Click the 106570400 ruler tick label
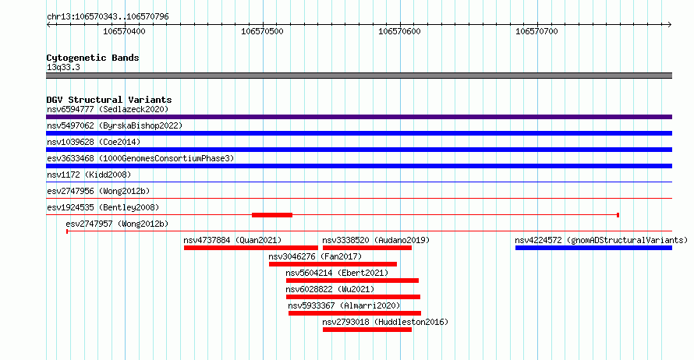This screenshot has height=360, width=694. pos(124,31)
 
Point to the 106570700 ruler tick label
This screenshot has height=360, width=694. pos(536,31)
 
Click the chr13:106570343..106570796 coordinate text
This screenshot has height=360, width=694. pos(108,17)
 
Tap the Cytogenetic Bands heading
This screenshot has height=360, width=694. pos(93,58)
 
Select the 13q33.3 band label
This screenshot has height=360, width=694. pos(63,67)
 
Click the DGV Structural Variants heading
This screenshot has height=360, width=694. pos(109,100)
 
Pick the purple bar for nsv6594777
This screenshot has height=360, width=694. pos(359,117)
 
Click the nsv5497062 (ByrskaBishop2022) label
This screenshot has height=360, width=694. pos(115,125)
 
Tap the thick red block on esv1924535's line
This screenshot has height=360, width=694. pos(272,215)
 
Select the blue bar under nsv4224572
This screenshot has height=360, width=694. pos(593,248)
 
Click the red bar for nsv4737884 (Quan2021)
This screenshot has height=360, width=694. pos(251,248)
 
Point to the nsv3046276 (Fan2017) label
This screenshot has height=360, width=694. pos(315,256)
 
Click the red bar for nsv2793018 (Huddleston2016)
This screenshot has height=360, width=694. pos(367,330)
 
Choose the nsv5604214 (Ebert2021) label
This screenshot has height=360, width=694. pos(337,273)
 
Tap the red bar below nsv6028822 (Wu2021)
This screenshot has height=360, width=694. pos(353,297)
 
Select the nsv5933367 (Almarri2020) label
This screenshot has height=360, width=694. pos(344,305)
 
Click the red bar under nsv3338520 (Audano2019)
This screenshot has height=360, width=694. pos(367,248)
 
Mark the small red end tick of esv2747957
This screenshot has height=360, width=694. pos(67,231)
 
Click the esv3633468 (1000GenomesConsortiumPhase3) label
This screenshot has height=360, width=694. pos(140,158)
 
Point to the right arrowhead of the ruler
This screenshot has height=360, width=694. pos(670,25)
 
